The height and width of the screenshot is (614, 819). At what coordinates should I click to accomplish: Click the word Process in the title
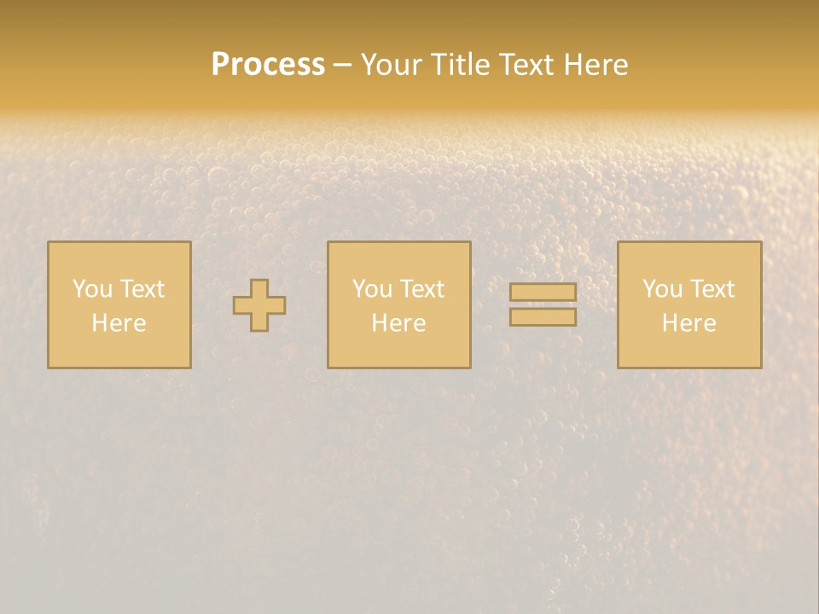pyautogui.click(x=268, y=65)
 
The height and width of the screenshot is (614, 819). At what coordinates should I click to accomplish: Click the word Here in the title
pyautogui.click(x=598, y=65)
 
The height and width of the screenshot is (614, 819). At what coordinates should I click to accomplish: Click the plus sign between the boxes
pyautogui.click(x=259, y=305)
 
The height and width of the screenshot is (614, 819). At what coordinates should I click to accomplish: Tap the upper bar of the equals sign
pyautogui.click(x=543, y=292)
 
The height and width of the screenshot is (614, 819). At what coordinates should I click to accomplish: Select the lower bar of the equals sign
pyautogui.click(x=543, y=317)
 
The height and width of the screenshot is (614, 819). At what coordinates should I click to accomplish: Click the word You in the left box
pyautogui.click(x=92, y=289)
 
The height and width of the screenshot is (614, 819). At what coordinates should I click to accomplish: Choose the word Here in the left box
pyautogui.click(x=119, y=323)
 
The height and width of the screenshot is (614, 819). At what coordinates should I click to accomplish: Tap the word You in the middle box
pyautogui.click(x=372, y=289)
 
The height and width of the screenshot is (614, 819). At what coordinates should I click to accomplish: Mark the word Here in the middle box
pyautogui.click(x=398, y=323)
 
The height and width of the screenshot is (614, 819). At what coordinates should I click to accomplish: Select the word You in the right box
pyautogui.click(x=662, y=289)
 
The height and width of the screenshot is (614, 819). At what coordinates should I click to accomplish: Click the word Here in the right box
pyautogui.click(x=688, y=323)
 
